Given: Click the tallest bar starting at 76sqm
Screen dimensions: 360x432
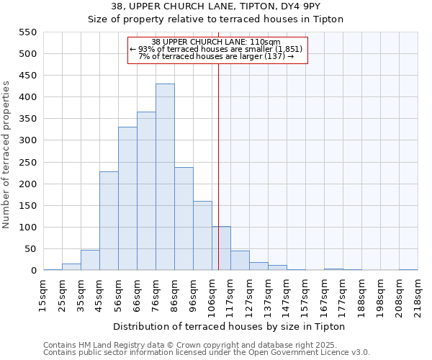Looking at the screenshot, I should pyautogui.click(x=165, y=177).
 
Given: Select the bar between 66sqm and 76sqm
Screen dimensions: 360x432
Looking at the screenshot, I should pyautogui.click(x=146, y=192).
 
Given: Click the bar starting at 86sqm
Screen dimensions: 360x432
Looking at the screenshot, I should pyautogui.click(x=184, y=219).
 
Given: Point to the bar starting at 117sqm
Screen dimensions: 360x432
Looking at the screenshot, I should pyautogui.click(x=240, y=261).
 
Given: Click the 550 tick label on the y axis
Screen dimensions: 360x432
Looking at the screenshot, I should pyautogui.click(x=27, y=32).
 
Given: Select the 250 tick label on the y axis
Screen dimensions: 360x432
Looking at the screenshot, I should pyautogui.click(x=27, y=163).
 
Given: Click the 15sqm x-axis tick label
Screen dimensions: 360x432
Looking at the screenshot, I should pyautogui.click(x=44, y=294).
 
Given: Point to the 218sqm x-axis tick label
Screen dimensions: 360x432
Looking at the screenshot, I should pyautogui.click(x=418, y=294).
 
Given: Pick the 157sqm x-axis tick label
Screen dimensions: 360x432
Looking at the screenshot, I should pyautogui.click(x=305, y=294).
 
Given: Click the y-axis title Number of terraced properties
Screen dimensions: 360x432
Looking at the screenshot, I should pyautogui.click(x=6, y=155).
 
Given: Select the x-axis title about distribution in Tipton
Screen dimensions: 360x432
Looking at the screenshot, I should pyautogui.click(x=230, y=327).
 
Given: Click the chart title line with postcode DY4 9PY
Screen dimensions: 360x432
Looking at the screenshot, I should pyautogui.click(x=216, y=6).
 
